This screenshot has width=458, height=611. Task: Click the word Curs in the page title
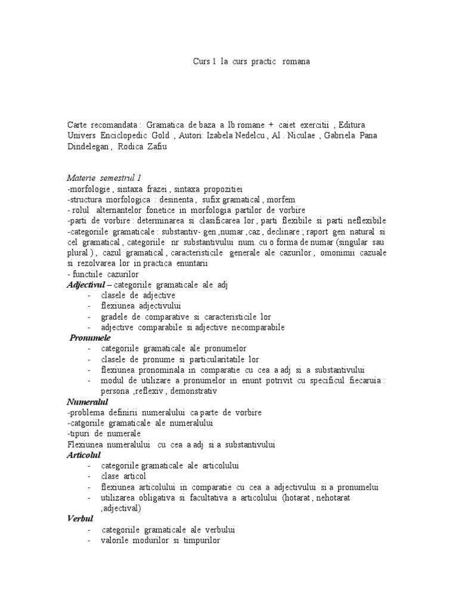201,62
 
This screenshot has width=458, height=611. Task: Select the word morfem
281,199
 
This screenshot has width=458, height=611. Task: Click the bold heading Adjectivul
84,285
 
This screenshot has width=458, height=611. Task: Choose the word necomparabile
250,328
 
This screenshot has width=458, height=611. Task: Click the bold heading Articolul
83,455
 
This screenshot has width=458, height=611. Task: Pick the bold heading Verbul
81,519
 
